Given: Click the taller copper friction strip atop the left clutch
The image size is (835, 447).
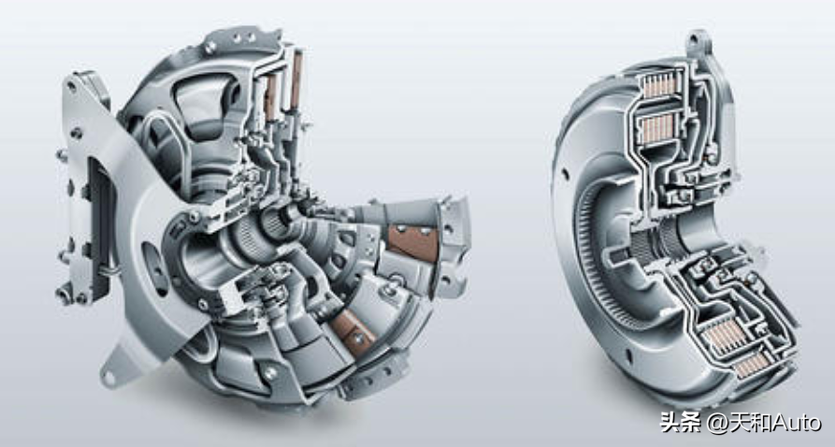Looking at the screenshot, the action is [296, 79].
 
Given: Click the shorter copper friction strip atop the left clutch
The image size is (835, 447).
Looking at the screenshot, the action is [271, 97].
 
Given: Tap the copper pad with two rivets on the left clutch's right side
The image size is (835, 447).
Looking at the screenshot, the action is [413, 241].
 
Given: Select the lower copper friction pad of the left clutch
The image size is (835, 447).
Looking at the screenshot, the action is [353, 326].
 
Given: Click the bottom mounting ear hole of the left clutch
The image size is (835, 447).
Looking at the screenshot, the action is [109, 377].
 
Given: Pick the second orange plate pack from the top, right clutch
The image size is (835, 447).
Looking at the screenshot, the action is [656, 128].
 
